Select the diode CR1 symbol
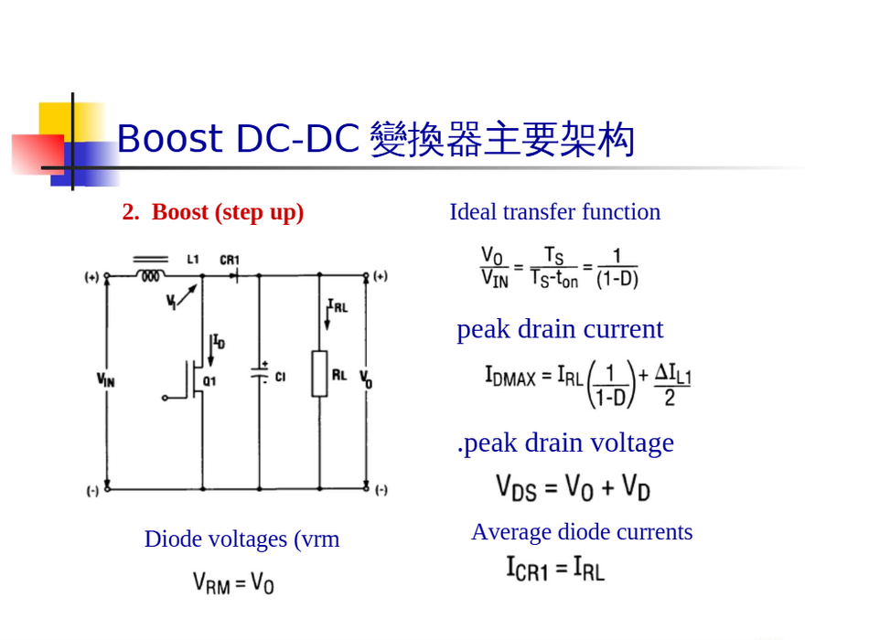234,274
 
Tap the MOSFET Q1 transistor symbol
194,379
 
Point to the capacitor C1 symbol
259,375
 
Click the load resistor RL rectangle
319,373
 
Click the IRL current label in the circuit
338,306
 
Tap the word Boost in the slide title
169,139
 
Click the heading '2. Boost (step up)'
213,212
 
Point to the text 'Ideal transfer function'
554,212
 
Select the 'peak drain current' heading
560,329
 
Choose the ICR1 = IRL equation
555,569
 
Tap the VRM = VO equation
233,581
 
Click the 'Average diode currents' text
582,532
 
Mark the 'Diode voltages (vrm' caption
241,539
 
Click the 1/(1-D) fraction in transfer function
617,268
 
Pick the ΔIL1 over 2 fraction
671,384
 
